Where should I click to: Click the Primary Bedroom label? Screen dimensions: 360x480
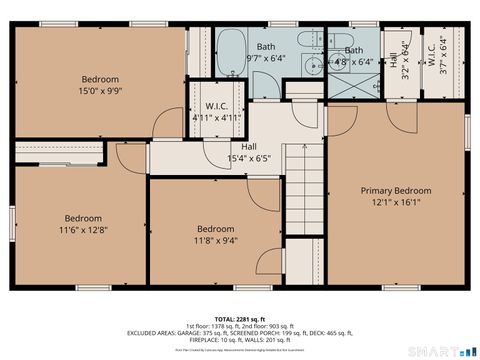click(396, 191)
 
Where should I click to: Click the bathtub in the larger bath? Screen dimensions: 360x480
click(232, 47)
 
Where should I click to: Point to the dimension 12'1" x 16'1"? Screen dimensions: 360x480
click(396, 203)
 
